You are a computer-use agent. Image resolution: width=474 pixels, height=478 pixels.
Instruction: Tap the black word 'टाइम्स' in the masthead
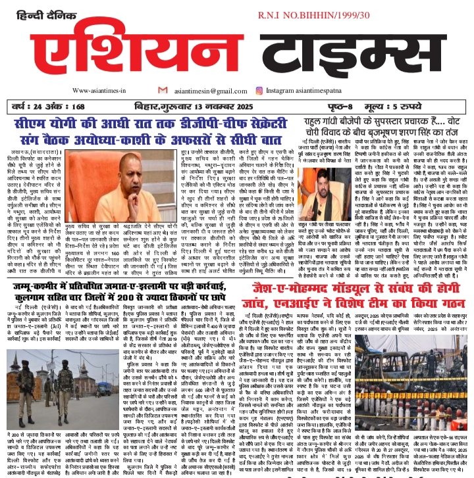point(340,56)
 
